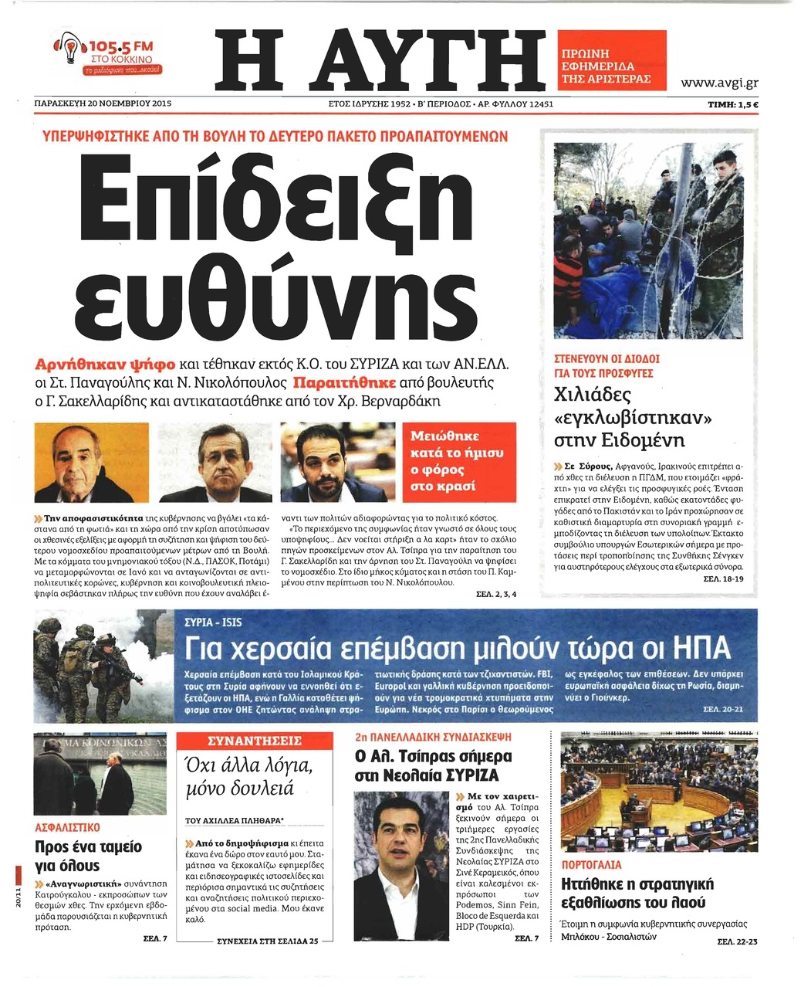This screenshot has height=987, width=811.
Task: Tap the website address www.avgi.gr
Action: [719, 83]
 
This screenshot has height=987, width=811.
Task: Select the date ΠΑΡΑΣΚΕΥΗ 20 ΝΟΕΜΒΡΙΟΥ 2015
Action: [103, 103]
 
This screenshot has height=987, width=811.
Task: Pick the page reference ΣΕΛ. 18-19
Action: [724, 578]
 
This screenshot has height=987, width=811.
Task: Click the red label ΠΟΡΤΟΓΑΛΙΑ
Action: [591, 865]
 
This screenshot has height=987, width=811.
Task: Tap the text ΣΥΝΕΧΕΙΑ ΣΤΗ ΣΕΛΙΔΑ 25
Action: [267, 942]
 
